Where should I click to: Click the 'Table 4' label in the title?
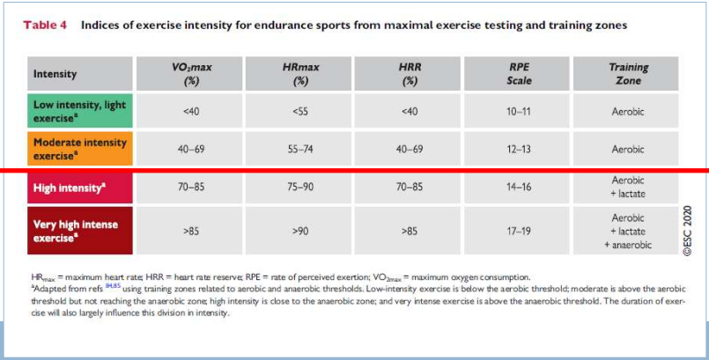click(x=45, y=26)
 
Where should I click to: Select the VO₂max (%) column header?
click(x=189, y=74)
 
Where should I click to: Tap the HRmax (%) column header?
click(x=299, y=74)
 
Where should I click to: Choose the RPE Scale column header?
click(x=519, y=74)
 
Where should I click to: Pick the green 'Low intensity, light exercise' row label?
click(x=80, y=111)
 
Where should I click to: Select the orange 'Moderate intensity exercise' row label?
click(x=80, y=149)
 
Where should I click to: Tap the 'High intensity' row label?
click(x=80, y=187)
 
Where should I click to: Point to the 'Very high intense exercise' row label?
click(x=80, y=231)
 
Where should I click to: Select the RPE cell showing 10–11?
click(x=519, y=111)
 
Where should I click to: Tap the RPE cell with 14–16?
click(x=519, y=187)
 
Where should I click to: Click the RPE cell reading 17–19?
click(x=519, y=231)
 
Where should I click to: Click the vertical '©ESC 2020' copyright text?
click(x=688, y=231)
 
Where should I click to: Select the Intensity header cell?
click(x=80, y=74)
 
